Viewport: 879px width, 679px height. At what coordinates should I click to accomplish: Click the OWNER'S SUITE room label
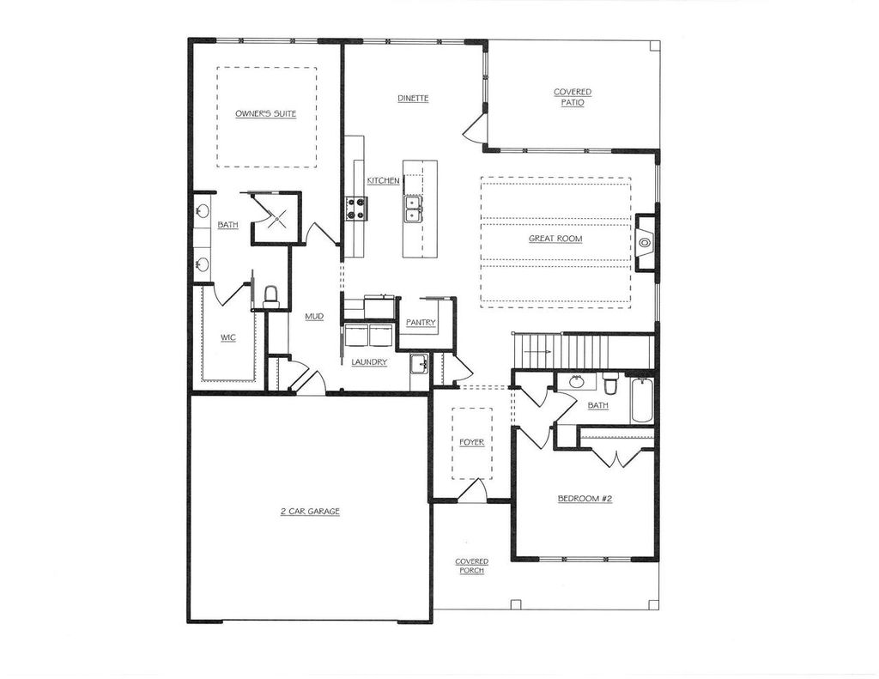(x=265, y=113)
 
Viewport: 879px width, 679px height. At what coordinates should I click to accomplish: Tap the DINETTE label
(x=413, y=98)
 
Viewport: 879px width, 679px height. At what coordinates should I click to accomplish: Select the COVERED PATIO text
(x=572, y=97)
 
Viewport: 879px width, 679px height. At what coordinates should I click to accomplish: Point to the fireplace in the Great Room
(x=645, y=243)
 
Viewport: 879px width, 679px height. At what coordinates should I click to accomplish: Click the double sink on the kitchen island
(x=413, y=209)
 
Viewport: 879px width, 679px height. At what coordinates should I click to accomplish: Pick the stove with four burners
(x=355, y=209)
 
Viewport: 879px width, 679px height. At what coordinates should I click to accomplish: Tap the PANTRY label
(x=421, y=323)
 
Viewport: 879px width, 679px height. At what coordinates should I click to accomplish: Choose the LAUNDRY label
(x=369, y=362)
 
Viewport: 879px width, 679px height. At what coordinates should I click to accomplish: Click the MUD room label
(x=314, y=316)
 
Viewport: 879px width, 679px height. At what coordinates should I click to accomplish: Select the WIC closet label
(x=227, y=337)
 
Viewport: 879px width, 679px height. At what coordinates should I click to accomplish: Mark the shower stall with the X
(x=277, y=218)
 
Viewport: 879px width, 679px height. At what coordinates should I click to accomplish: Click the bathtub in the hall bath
(x=642, y=401)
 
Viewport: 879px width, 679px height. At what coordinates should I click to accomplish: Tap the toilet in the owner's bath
(x=271, y=297)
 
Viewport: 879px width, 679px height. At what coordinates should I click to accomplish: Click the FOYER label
(x=471, y=442)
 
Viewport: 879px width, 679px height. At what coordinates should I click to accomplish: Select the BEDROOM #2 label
(x=584, y=499)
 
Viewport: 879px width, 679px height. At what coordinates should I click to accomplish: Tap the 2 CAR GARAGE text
(x=310, y=512)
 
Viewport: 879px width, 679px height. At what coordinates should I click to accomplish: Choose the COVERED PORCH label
(x=471, y=566)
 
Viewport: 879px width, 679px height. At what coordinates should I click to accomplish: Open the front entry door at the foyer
(x=471, y=491)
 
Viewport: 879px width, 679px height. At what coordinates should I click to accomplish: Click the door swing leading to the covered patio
(x=476, y=129)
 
